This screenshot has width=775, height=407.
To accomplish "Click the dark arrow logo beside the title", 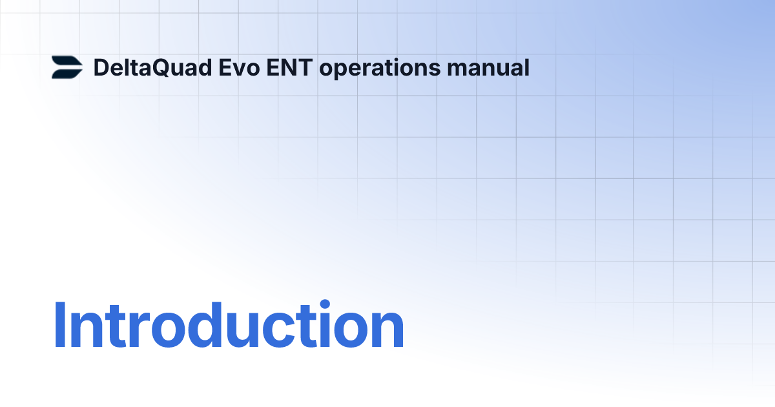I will pyautogui.click(x=67, y=67).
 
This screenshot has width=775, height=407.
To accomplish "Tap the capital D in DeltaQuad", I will pyautogui.click(x=101, y=67).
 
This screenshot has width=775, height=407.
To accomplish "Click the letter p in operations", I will pyautogui.click(x=342, y=70).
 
